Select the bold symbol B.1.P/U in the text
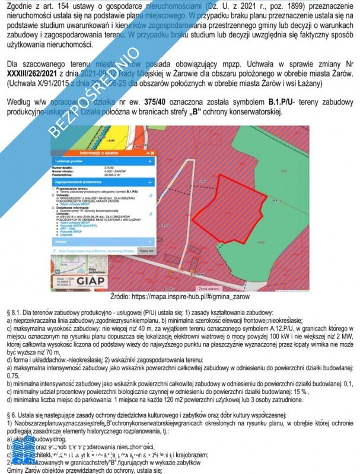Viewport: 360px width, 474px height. pyautogui.click(x=282, y=101)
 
